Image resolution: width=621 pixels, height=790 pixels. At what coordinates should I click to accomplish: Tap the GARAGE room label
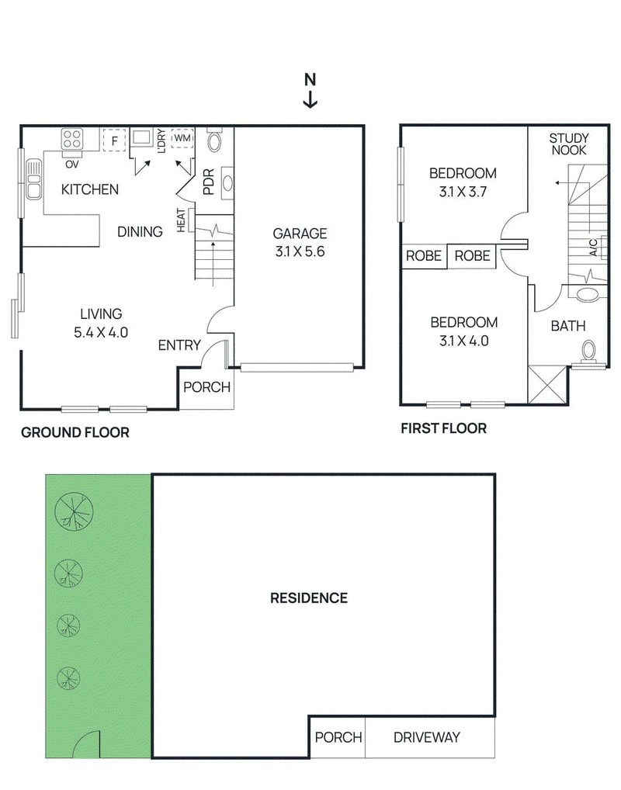pos(300,234)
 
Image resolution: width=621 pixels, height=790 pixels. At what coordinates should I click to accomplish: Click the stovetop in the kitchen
pos(72,139)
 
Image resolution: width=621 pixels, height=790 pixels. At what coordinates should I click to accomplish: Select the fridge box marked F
pos(114,140)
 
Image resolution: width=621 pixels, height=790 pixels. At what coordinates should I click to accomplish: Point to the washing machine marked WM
pos(182,138)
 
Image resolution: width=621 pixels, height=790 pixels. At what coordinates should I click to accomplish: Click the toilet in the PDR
pos(215,141)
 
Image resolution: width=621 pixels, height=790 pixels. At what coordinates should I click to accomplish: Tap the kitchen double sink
pos(33,178)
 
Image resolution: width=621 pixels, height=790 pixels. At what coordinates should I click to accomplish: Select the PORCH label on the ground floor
pos(206,387)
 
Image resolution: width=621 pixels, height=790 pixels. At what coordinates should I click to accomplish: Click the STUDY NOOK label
pos(568,144)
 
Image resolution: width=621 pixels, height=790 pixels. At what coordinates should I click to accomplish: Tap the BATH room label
pos(568,326)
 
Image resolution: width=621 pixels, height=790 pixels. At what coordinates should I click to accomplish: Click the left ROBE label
pos(423,256)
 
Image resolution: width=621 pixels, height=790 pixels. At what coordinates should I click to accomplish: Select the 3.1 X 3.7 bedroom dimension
pos(463,192)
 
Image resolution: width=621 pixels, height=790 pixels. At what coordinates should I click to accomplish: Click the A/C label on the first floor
pos(593,247)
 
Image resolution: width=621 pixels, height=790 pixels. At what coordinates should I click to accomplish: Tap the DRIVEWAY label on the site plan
pos(426,737)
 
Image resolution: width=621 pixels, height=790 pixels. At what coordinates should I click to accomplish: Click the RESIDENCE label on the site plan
pos(309,598)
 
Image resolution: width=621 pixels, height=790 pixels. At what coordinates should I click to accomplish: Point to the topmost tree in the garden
pos(74,511)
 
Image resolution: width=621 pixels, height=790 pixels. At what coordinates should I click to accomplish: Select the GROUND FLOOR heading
pos(75,432)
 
